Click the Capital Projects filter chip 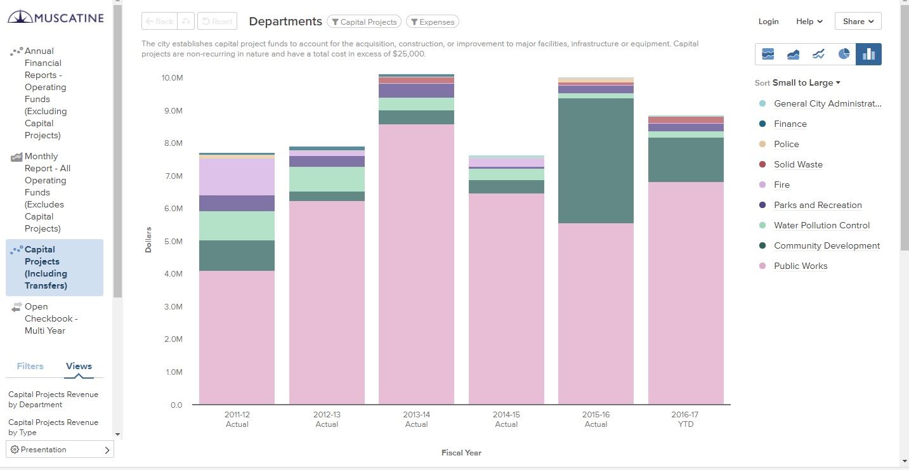click(x=364, y=22)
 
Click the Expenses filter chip click(x=432, y=22)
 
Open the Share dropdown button click(x=858, y=22)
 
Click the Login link click(x=768, y=22)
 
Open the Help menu click(x=809, y=22)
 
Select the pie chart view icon click(x=844, y=54)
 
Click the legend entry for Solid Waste click(x=798, y=164)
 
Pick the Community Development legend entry click(x=827, y=245)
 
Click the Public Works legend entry click(x=801, y=266)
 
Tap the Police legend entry click(x=786, y=144)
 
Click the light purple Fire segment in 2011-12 click(x=237, y=177)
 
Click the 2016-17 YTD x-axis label click(x=685, y=419)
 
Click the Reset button click(x=216, y=22)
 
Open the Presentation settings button click(x=60, y=450)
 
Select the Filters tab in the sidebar click(x=30, y=366)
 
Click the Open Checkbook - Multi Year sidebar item click(x=44, y=318)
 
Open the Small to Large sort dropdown click(x=806, y=83)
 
